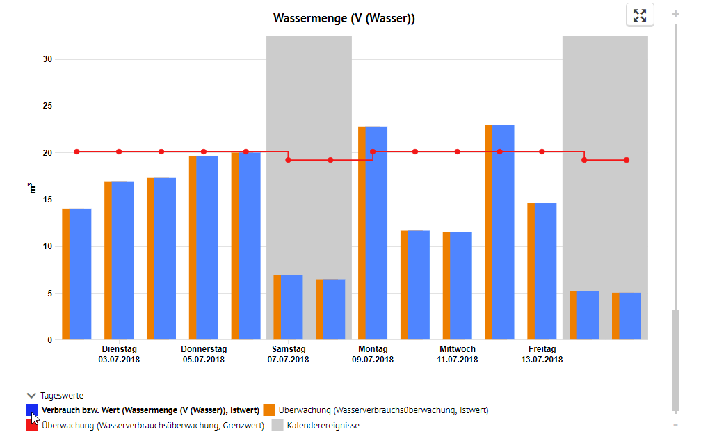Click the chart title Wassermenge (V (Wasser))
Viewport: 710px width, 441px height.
click(x=344, y=19)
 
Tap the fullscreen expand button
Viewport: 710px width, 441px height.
click(x=639, y=15)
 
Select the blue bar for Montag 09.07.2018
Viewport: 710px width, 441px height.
click(x=376, y=233)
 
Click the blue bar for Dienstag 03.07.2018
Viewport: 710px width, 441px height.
click(x=122, y=260)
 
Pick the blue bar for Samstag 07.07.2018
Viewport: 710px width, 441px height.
click(x=291, y=307)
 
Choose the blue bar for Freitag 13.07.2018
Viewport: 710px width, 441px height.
click(x=546, y=271)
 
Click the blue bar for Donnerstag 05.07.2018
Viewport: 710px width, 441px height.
click(x=207, y=248)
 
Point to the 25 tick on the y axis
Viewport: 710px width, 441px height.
click(x=47, y=106)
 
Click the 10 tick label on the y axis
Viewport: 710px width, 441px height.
click(x=47, y=246)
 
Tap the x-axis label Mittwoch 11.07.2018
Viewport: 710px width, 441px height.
click(x=458, y=355)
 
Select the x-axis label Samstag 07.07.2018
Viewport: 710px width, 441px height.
click(x=289, y=355)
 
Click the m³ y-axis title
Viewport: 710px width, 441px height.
click(x=32, y=189)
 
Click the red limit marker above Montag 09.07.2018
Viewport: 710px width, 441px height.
click(x=373, y=152)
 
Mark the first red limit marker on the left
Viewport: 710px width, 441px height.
click(x=76, y=152)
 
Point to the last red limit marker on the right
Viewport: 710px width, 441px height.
click(x=627, y=160)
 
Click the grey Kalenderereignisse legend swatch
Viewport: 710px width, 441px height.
click(x=277, y=425)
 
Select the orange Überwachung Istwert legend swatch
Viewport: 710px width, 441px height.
click(x=269, y=410)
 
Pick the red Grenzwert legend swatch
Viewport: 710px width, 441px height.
click(x=32, y=425)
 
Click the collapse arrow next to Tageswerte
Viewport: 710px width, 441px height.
click(x=31, y=396)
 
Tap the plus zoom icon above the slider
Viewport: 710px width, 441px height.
click(x=676, y=14)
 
